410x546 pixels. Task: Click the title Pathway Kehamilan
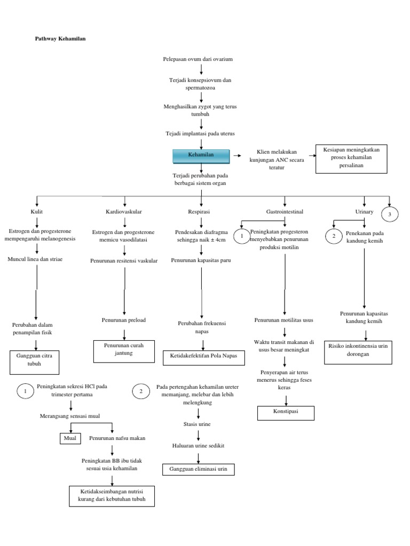point(57,39)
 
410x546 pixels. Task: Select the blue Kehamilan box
point(201,155)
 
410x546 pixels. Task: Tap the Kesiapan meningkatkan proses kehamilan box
point(350,158)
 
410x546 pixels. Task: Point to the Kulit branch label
point(37,212)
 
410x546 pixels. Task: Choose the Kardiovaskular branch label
point(124,212)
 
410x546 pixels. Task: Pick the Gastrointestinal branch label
point(285,212)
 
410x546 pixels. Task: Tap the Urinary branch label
point(364,212)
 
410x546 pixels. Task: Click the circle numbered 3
point(390,214)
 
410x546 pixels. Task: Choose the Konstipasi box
point(286,413)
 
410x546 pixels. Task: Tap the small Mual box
point(68,438)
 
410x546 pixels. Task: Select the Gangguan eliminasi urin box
point(198,469)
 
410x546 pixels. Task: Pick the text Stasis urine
point(198,424)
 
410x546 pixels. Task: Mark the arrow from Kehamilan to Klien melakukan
point(240,155)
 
